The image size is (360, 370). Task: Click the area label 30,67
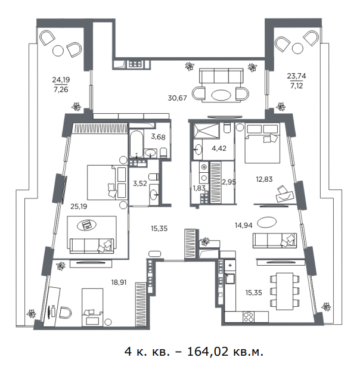pyautogui.click(x=177, y=98)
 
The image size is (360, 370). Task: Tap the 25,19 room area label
pyautogui.click(x=79, y=207)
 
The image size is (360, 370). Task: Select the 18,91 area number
pyautogui.click(x=119, y=282)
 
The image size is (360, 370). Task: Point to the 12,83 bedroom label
pyautogui.click(x=264, y=179)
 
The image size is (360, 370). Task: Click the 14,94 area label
pyautogui.click(x=244, y=225)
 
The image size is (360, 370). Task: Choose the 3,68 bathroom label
pyautogui.click(x=159, y=137)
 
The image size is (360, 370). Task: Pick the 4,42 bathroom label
pyautogui.click(x=219, y=148)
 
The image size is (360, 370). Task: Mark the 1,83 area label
pyautogui.click(x=199, y=188)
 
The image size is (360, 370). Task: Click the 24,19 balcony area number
pyautogui.click(x=61, y=80)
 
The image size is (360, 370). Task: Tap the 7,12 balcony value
pyautogui.click(x=296, y=86)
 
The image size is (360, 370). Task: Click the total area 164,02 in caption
pyautogui.click(x=208, y=352)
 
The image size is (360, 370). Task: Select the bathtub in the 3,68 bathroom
pyautogui.click(x=136, y=144)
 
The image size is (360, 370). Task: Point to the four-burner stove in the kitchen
pyautogui.click(x=249, y=316)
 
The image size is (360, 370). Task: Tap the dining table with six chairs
pyautogui.click(x=285, y=291)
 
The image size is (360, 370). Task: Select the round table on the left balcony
pyautogui.click(x=58, y=50)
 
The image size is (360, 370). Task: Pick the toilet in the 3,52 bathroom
pyautogui.click(x=154, y=177)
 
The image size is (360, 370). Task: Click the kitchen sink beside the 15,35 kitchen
pyautogui.click(x=229, y=278)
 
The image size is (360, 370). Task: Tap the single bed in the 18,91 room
pyautogui.click(x=92, y=307)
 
